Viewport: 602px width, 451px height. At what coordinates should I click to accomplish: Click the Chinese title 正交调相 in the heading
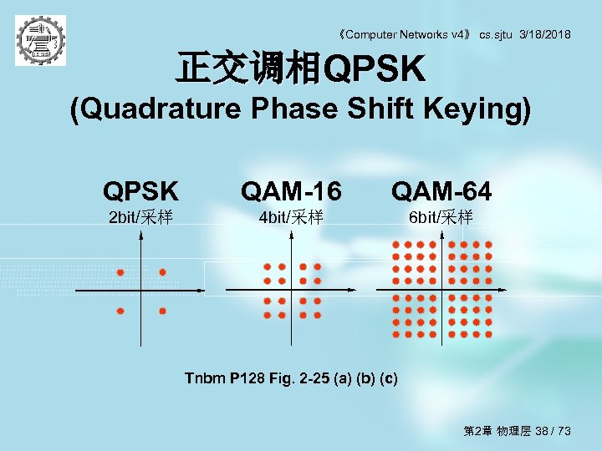coord(247,70)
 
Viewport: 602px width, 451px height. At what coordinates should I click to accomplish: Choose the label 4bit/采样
coord(291,218)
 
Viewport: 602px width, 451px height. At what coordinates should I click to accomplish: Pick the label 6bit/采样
coord(441,218)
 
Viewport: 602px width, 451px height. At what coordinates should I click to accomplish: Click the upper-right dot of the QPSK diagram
coord(163,272)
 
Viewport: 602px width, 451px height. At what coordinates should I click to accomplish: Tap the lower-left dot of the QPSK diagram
coord(120,311)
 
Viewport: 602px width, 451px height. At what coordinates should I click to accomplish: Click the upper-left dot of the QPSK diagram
coord(120,272)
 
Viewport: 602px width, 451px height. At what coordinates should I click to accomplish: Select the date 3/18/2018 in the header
coord(545,34)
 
